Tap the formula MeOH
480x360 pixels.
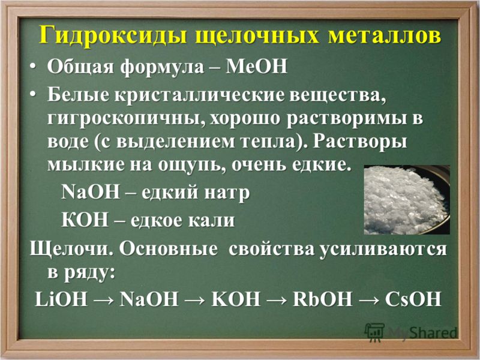[256, 67]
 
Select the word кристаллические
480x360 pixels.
[199, 95]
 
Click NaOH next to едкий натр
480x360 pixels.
[91, 192]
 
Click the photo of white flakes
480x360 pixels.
[407, 200]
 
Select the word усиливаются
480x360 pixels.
[383, 250]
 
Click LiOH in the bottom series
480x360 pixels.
[61, 299]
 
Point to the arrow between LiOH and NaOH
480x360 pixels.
[104, 299]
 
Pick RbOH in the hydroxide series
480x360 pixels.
[322, 299]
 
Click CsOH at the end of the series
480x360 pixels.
[413, 299]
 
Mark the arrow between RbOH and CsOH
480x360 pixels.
[368, 299]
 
